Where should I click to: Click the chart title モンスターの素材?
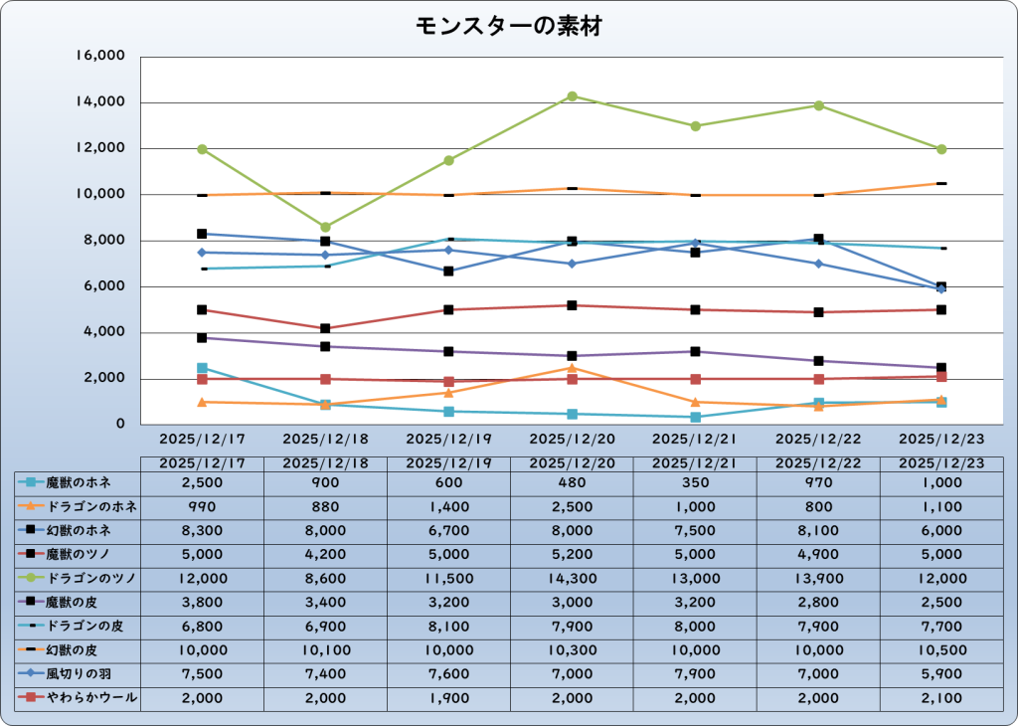tap(508, 27)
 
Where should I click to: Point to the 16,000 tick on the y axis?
tap(99, 57)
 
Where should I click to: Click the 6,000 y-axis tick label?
tap(100, 286)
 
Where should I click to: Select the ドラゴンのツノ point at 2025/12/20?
tap(573, 96)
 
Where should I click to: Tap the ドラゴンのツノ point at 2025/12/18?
tap(325, 227)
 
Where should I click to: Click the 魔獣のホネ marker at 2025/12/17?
tap(202, 368)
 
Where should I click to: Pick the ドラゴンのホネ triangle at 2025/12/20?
tap(573, 368)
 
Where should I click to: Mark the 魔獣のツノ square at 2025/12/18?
tap(325, 328)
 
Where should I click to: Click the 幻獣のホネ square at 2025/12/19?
tap(449, 271)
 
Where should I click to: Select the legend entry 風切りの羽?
tap(81, 674)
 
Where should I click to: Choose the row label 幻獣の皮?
tap(81, 650)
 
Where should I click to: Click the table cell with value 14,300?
tap(573, 578)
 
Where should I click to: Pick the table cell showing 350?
tap(696, 482)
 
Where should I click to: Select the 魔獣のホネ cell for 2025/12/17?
tap(202, 482)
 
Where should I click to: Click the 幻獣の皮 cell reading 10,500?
tap(941, 650)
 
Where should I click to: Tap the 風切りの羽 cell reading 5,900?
tap(941, 674)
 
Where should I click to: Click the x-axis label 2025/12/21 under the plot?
tap(696, 438)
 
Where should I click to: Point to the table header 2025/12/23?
tap(941, 462)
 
